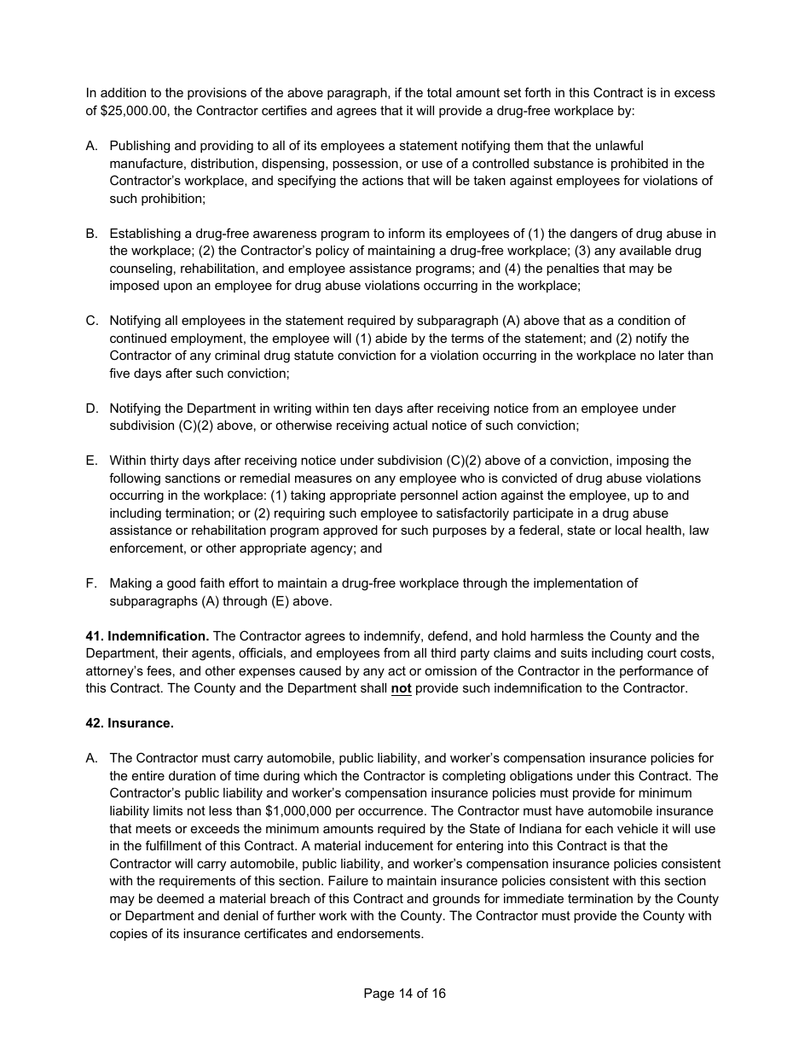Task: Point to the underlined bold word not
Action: [x=401, y=688]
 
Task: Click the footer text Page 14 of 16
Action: [x=404, y=994]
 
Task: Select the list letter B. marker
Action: [x=91, y=234]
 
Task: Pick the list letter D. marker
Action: [x=91, y=409]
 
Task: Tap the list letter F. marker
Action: [x=91, y=583]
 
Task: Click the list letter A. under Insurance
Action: [x=91, y=758]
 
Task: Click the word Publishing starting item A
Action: [x=140, y=146]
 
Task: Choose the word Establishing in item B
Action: [x=146, y=234]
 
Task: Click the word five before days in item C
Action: [x=122, y=374]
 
